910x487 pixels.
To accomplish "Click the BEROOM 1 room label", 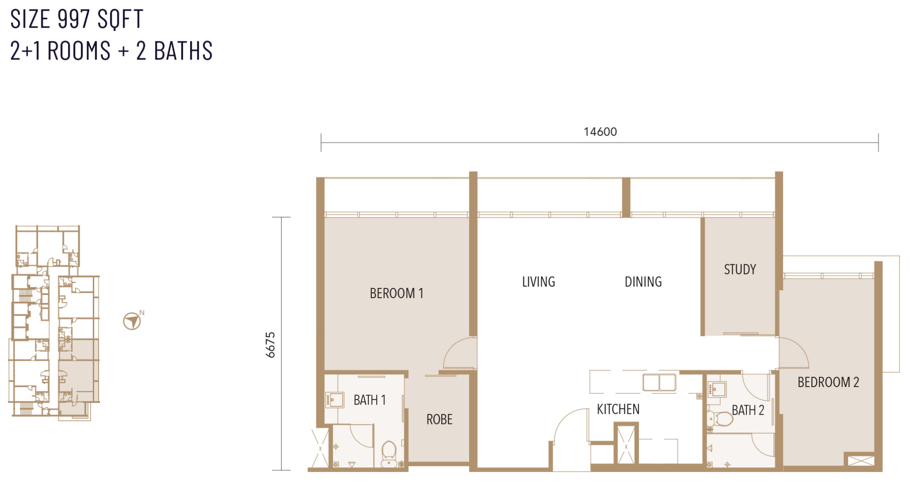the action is point(396,293).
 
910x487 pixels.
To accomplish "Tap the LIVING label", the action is point(539,282).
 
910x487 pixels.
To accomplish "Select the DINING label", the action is point(643,282).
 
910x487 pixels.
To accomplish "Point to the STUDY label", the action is point(740,269).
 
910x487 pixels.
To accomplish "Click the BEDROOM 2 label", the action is point(828,382).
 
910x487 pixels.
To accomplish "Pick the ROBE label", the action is point(439,419).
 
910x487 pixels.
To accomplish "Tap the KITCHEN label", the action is point(618,409).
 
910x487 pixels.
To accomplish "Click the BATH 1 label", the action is point(370,400).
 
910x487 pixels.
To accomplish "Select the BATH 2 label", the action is point(748,410).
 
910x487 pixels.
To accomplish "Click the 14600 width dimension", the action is point(600,132).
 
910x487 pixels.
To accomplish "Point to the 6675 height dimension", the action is point(270,345).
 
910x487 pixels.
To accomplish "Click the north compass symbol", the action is point(132,321).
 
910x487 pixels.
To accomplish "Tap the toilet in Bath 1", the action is point(389,453).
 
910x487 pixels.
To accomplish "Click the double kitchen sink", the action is point(659,382).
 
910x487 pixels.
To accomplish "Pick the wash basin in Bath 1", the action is point(335,400).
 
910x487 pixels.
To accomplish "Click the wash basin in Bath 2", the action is point(717,390).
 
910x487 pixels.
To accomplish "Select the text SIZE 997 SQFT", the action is point(76,19).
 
